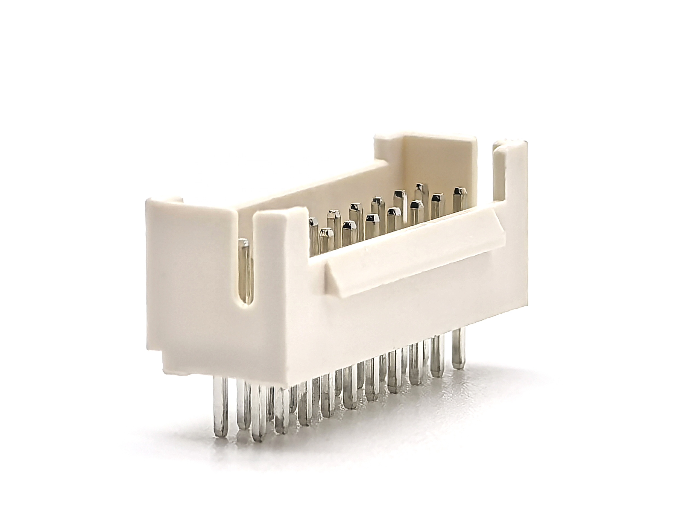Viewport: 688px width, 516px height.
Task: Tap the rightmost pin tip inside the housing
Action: point(460,194)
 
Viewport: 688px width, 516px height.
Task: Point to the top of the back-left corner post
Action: point(165,201)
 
